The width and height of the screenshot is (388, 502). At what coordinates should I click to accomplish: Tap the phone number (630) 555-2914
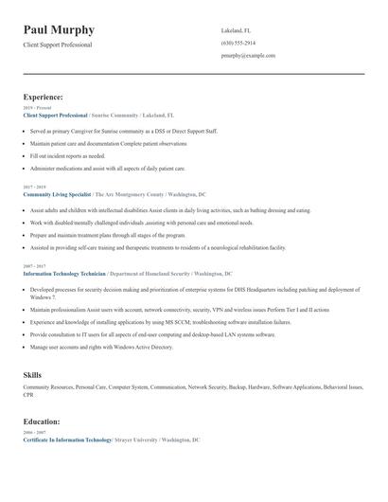click(x=238, y=43)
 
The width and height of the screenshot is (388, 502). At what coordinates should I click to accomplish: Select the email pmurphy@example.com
click(x=248, y=55)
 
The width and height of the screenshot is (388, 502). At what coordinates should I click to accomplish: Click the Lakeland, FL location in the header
click(x=236, y=30)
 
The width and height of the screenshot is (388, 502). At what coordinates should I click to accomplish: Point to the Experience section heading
click(x=44, y=97)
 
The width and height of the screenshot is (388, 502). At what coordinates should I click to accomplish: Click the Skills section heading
click(x=32, y=375)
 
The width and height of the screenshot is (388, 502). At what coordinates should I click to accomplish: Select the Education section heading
click(x=43, y=421)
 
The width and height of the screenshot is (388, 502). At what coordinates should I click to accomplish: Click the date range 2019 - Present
click(x=37, y=108)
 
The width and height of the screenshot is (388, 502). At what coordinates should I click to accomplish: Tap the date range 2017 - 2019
click(x=34, y=187)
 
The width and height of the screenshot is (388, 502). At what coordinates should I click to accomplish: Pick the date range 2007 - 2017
click(x=34, y=266)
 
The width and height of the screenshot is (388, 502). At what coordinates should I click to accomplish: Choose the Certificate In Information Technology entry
click(x=67, y=440)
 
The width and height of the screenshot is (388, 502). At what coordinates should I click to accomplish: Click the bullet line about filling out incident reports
click(x=67, y=155)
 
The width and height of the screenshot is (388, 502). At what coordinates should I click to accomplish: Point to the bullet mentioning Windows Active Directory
click(x=101, y=347)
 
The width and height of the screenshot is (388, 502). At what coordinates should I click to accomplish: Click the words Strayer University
click(x=135, y=440)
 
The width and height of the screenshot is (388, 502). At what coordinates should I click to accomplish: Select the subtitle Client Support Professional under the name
click(x=58, y=45)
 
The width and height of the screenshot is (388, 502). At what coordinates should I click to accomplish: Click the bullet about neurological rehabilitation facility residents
click(x=157, y=247)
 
